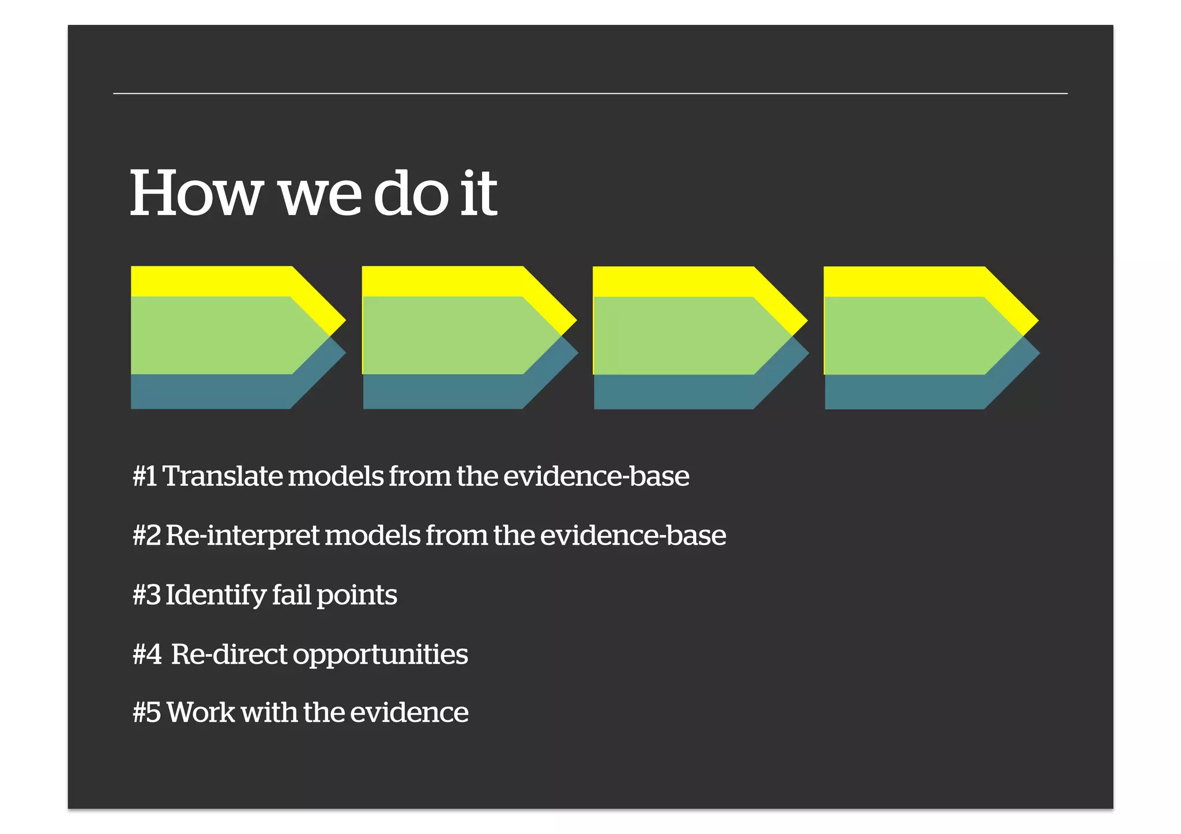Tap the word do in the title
[x=411, y=194]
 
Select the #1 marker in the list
[x=144, y=476]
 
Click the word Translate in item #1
[x=223, y=476]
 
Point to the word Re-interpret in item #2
[x=242, y=536]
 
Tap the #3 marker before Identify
[x=146, y=595]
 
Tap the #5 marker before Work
[x=146, y=712]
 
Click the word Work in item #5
[x=201, y=712]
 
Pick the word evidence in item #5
[x=409, y=712]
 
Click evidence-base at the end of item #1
[x=596, y=476]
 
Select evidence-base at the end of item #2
[x=633, y=536]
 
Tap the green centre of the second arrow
[x=444, y=335]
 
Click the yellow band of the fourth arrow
[x=900, y=281]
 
